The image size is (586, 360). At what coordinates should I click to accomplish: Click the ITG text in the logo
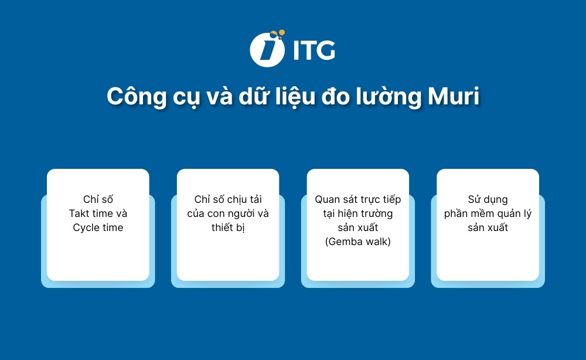[x=313, y=50]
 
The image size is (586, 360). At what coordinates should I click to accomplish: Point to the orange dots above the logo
[x=278, y=34]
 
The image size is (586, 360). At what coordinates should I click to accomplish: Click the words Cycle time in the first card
[x=98, y=227]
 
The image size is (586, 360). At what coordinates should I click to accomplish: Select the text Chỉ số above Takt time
[x=98, y=199]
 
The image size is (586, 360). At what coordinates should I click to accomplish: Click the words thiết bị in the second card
[x=228, y=227]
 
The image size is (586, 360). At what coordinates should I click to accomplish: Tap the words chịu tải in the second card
[x=243, y=199]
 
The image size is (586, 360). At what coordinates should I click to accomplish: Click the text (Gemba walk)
[x=357, y=242]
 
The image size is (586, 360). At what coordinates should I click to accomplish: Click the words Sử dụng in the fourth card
[x=488, y=199]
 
